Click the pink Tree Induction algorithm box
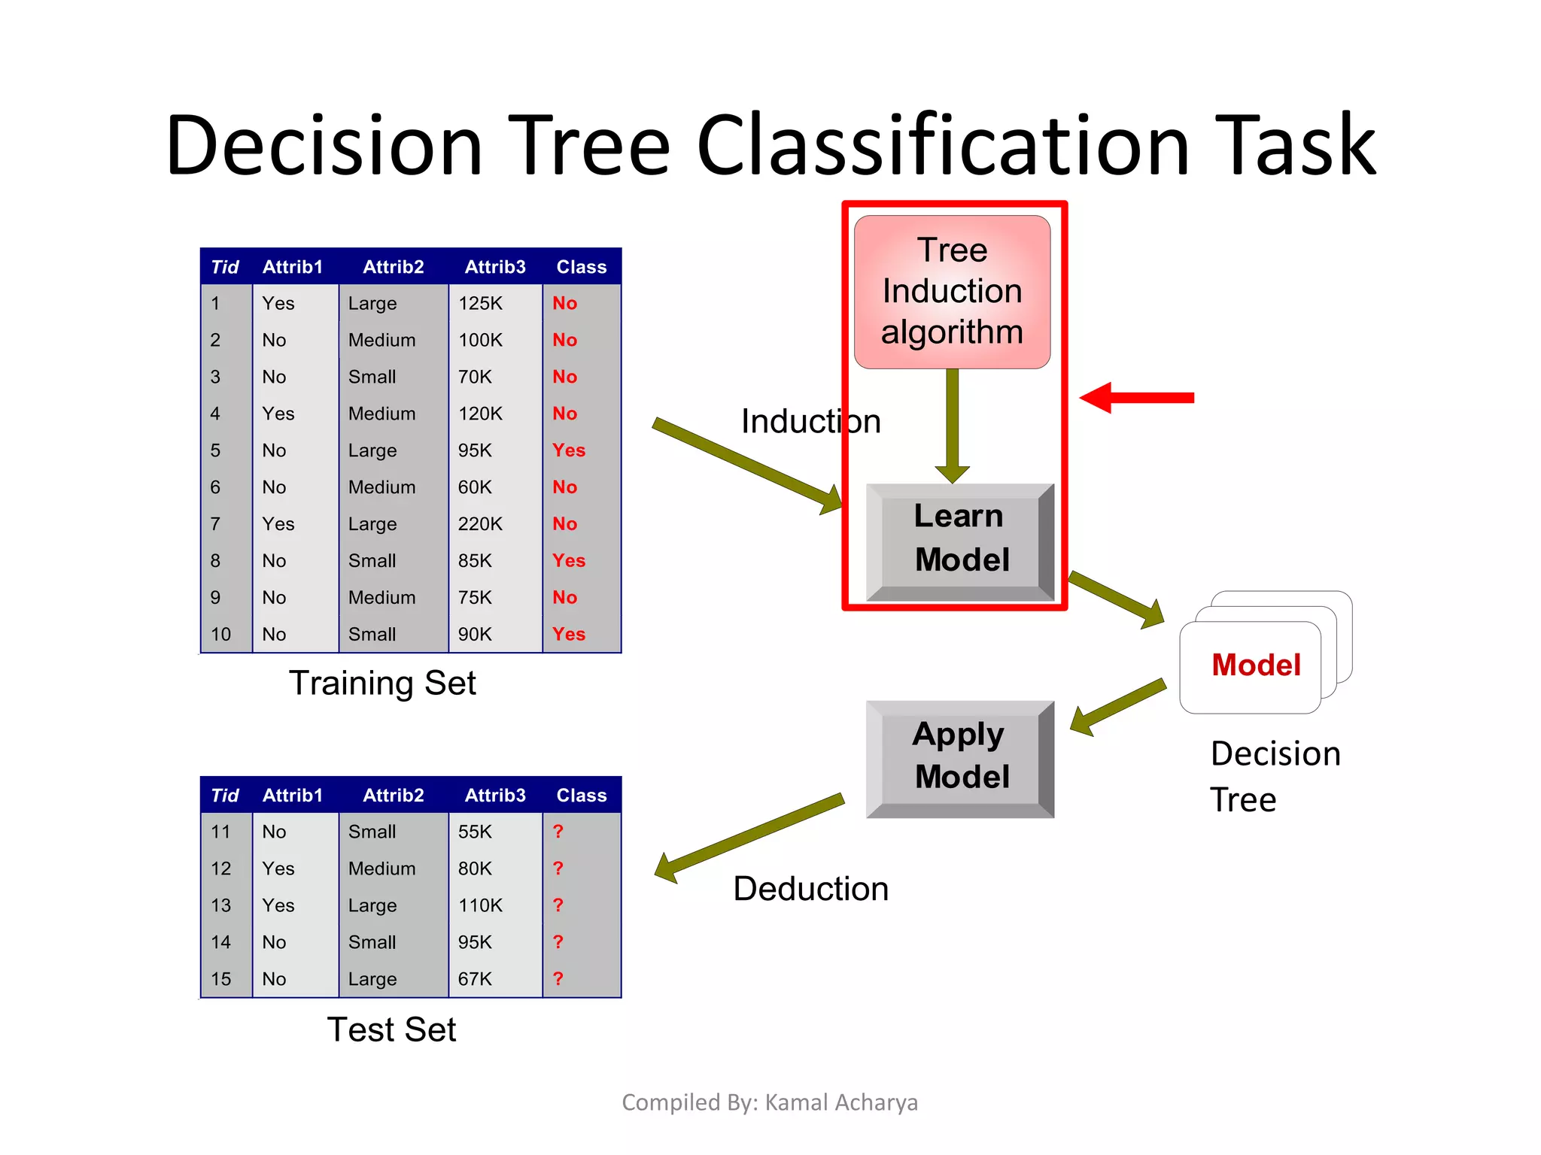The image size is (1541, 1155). (952, 292)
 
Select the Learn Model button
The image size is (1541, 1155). (959, 538)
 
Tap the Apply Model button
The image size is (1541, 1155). (959, 756)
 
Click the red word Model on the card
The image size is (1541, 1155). (1256, 665)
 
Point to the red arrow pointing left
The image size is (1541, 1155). (1136, 397)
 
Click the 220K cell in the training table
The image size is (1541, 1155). (480, 524)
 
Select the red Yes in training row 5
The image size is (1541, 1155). (568, 450)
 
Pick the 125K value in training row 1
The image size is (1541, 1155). (480, 304)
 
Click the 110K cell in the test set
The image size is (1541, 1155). (480, 905)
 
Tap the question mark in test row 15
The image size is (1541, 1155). (558, 979)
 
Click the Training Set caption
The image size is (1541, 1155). (382, 684)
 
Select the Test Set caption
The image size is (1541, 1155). (391, 1030)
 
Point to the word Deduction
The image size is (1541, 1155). (810, 889)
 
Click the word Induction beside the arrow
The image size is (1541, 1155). (810, 421)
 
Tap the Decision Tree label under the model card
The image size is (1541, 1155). (1275, 776)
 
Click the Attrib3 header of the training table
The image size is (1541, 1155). (495, 267)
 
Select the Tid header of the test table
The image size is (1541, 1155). (224, 796)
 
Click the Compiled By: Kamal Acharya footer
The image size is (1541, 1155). (769, 1102)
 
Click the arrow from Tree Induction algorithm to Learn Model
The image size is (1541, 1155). (953, 425)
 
